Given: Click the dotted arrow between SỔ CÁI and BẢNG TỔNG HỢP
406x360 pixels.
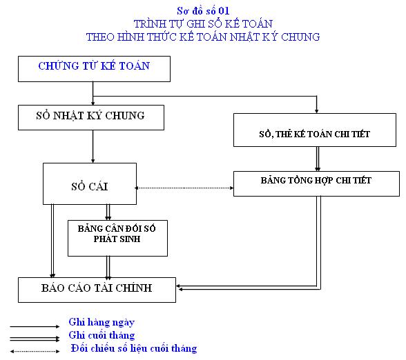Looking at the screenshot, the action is pyautogui.click(x=184, y=188).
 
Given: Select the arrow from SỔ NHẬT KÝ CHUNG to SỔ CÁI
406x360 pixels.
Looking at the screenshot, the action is pyautogui.click(x=93, y=146).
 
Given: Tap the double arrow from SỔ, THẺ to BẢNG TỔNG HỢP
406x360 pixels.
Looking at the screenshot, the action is pyautogui.click(x=318, y=159).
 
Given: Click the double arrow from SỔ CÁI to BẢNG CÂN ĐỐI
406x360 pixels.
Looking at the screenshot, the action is pyautogui.click(x=108, y=212).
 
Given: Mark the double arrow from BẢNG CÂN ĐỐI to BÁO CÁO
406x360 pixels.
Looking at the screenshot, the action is pyautogui.click(x=108, y=267).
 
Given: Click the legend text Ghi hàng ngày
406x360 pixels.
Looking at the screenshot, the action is pyautogui.click(x=101, y=323).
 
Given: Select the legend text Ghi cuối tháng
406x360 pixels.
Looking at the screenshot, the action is pyautogui.click(x=101, y=335).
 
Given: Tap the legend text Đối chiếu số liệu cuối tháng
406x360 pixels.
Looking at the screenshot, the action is pyautogui.click(x=134, y=348).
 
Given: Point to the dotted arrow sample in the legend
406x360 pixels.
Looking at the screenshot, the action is pyautogui.click(x=35, y=352).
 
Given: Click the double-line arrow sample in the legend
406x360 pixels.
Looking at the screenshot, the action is pyautogui.click(x=35, y=339).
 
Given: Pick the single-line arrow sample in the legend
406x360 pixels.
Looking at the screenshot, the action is pyautogui.click(x=35, y=327).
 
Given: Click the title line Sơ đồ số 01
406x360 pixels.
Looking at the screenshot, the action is pyautogui.click(x=203, y=11).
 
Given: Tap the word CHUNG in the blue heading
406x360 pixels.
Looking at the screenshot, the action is pyautogui.click(x=300, y=37).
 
